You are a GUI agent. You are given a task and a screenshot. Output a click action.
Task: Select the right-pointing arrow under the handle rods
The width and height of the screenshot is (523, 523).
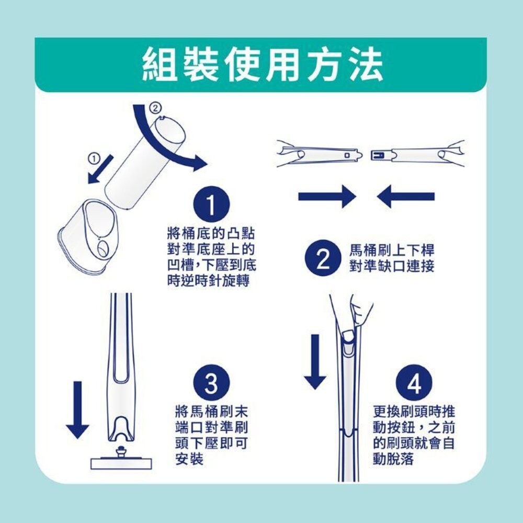click(327, 197)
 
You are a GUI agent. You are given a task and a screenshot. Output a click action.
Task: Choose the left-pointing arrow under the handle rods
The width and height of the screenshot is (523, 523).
click(405, 197)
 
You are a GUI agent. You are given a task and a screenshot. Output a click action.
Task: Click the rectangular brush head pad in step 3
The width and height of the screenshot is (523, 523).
click(122, 463)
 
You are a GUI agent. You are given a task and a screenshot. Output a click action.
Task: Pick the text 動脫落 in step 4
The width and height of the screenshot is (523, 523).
click(393, 459)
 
